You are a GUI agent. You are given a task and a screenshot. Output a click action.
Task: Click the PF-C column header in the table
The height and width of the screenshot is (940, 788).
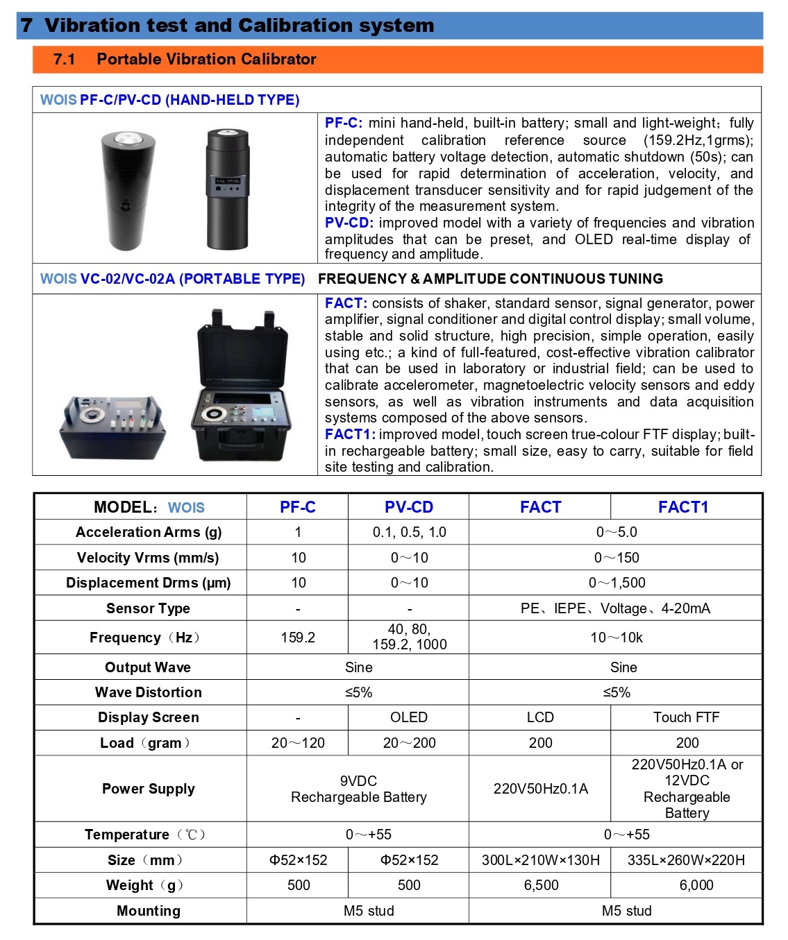coord(297,507)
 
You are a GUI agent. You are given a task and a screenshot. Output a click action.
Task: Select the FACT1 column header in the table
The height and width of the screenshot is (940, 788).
coord(683,507)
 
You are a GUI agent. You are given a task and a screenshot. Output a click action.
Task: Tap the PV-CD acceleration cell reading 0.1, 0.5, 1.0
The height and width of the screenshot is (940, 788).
coord(409,532)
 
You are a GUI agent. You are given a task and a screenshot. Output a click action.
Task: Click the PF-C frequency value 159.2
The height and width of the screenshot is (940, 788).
coord(298,638)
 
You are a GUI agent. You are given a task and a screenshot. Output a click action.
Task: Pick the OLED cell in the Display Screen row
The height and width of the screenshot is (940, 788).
coord(409,717)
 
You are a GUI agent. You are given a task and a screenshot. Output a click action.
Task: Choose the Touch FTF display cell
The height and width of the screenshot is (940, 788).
coord(686,717)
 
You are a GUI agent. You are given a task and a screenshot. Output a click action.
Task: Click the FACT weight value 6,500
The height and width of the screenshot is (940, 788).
coord(540,885)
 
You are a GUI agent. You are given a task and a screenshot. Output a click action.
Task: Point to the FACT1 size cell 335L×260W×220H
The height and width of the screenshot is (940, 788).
coord(686,860)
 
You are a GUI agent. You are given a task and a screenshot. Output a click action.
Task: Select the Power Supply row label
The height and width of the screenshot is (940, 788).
coord(148,789)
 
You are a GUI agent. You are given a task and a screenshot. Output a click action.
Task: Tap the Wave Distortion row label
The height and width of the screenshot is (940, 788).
coord(148,692)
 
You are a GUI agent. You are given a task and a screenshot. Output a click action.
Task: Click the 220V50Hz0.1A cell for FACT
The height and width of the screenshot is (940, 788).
coord(540,789)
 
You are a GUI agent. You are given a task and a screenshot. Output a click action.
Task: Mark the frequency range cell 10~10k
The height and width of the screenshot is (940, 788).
coord(616,638)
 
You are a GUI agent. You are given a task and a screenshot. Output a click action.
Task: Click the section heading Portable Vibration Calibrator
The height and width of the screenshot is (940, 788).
coord(206,60)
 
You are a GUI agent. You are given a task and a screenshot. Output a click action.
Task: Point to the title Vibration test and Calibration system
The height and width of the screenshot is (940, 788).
coord(239,26)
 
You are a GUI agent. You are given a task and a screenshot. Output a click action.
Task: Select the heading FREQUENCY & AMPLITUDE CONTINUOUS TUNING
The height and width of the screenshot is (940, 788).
coord(490,279)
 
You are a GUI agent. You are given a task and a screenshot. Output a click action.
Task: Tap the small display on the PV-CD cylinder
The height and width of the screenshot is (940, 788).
coord(227,182)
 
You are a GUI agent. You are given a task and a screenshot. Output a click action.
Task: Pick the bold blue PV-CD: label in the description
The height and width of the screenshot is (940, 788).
coord(349,223)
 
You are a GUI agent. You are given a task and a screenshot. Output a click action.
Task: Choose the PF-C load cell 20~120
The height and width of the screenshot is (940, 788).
coord(298,743)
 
